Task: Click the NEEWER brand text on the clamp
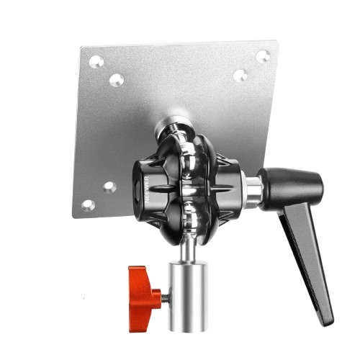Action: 147,190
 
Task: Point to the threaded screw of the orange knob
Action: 166,298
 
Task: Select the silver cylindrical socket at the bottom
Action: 188,297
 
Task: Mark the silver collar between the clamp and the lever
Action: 252,189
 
